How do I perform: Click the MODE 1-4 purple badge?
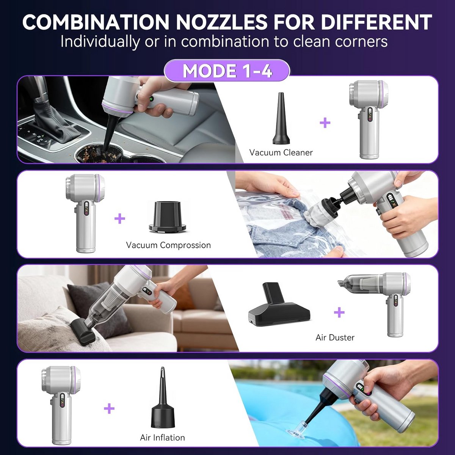coord(227,71)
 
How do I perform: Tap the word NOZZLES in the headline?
coord(222,22)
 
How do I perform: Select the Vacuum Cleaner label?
coord(281,152)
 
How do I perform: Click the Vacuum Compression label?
coord(168,245)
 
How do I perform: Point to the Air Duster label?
coord(335,338)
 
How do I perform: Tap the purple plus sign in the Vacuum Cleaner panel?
coord(325,123)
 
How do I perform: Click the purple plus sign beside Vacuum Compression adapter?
coord(120,218)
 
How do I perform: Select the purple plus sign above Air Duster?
coord(339,312)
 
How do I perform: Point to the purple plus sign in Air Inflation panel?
coord(109,408)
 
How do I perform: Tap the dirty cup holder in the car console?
coord(102,154)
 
